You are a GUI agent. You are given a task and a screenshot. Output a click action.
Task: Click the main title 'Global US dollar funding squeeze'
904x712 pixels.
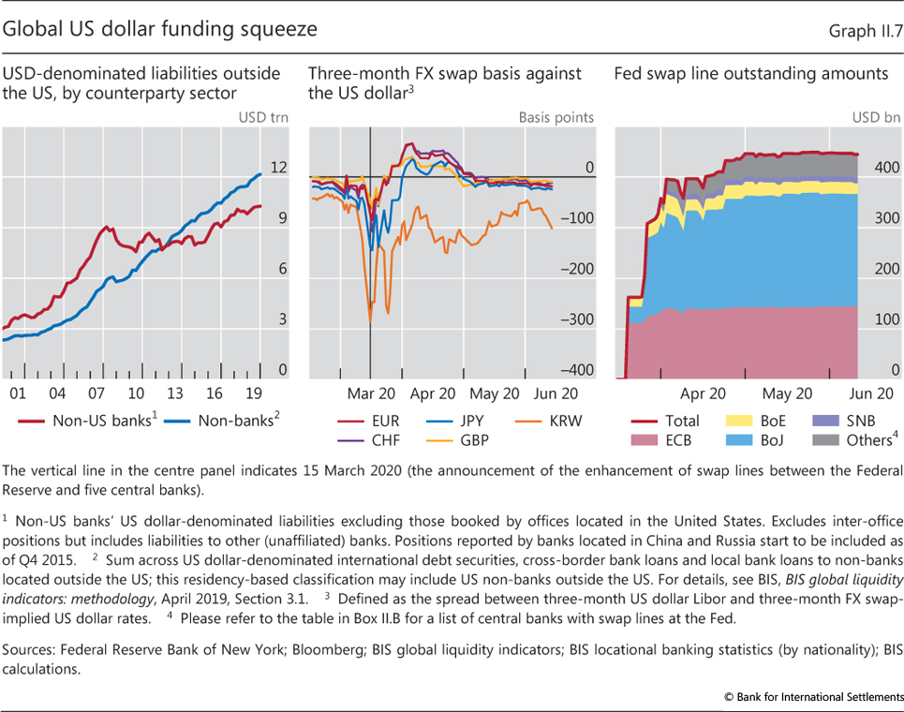pos(160,29)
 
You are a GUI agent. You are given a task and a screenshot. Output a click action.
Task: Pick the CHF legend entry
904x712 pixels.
pos(362,439)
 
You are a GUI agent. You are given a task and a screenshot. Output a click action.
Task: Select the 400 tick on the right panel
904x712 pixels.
pos(885,169)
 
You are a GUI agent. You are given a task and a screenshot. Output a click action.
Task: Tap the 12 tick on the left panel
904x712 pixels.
pos(277,169)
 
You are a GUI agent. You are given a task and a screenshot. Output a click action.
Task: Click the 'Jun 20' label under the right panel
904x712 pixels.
pos(871,394)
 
